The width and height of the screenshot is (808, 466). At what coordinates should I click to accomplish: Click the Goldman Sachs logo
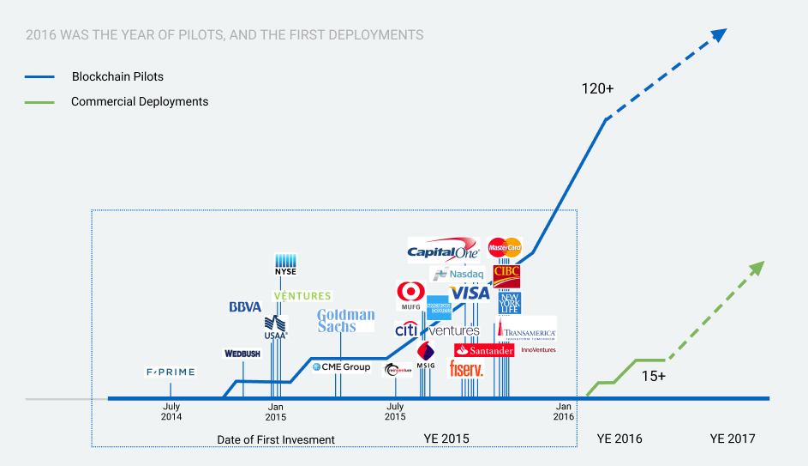point(345,320)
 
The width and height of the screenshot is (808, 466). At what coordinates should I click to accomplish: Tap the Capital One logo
point(442,251)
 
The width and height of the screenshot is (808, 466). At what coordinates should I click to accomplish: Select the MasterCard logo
point(505,248)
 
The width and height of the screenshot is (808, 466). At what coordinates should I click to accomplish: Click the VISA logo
point(470,293)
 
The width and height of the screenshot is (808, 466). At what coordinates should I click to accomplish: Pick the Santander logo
point(484,350)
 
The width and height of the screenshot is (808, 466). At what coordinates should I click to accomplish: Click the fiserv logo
point(467,369)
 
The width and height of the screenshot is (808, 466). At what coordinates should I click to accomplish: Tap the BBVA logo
point(245,306)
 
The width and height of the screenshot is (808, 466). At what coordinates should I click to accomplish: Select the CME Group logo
point(341,367)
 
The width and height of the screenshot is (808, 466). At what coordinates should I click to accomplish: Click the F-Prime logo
point(171,372)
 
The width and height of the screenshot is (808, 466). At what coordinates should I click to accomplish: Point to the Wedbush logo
point(242,353)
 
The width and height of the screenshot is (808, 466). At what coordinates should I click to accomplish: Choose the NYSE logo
point(285,264)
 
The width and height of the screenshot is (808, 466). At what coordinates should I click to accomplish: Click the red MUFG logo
point(411,295)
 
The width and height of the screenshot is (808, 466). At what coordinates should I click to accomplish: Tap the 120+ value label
point(599,88)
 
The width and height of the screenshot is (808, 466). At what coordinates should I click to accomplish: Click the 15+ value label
point(653,376)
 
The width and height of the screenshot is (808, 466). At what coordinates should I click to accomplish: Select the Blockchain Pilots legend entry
point(117,76)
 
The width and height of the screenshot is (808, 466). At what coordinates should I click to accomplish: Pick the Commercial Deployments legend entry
point(140,101)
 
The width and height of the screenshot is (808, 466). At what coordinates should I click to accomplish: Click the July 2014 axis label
point(171,411)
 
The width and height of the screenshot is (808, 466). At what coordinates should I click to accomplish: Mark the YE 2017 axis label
point(733,439)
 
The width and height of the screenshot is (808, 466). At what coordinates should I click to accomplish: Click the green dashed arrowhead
point(755,268)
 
